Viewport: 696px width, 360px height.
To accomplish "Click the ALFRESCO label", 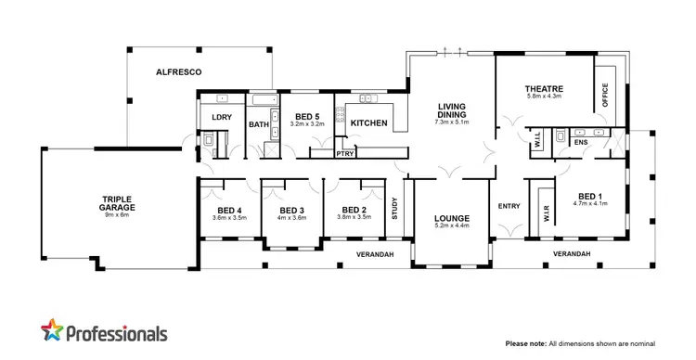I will pyautogui.click(x=179, y=71).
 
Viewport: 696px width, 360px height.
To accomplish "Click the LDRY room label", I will pyautogui.click(x=221, y=117).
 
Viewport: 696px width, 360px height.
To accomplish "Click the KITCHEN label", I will pyautogui.click(x=368, y=122).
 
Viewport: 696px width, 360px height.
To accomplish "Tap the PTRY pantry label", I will pyautogui.click(x=346, y=154).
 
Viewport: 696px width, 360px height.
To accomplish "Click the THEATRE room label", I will pyautogui.click(x=545, y=89).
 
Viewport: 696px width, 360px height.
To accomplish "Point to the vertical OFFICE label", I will pyautogui.click(x=605, y=96).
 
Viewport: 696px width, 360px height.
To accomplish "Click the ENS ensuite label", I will pyautogui.click(x=581, y=144).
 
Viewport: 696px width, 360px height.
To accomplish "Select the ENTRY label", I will pyautogui.click(x=509, y=206).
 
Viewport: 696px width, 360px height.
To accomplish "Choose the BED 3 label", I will pyautogui.click(x=291, y=210).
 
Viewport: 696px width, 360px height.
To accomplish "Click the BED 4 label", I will pyautogui.click(x=228, y=210).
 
